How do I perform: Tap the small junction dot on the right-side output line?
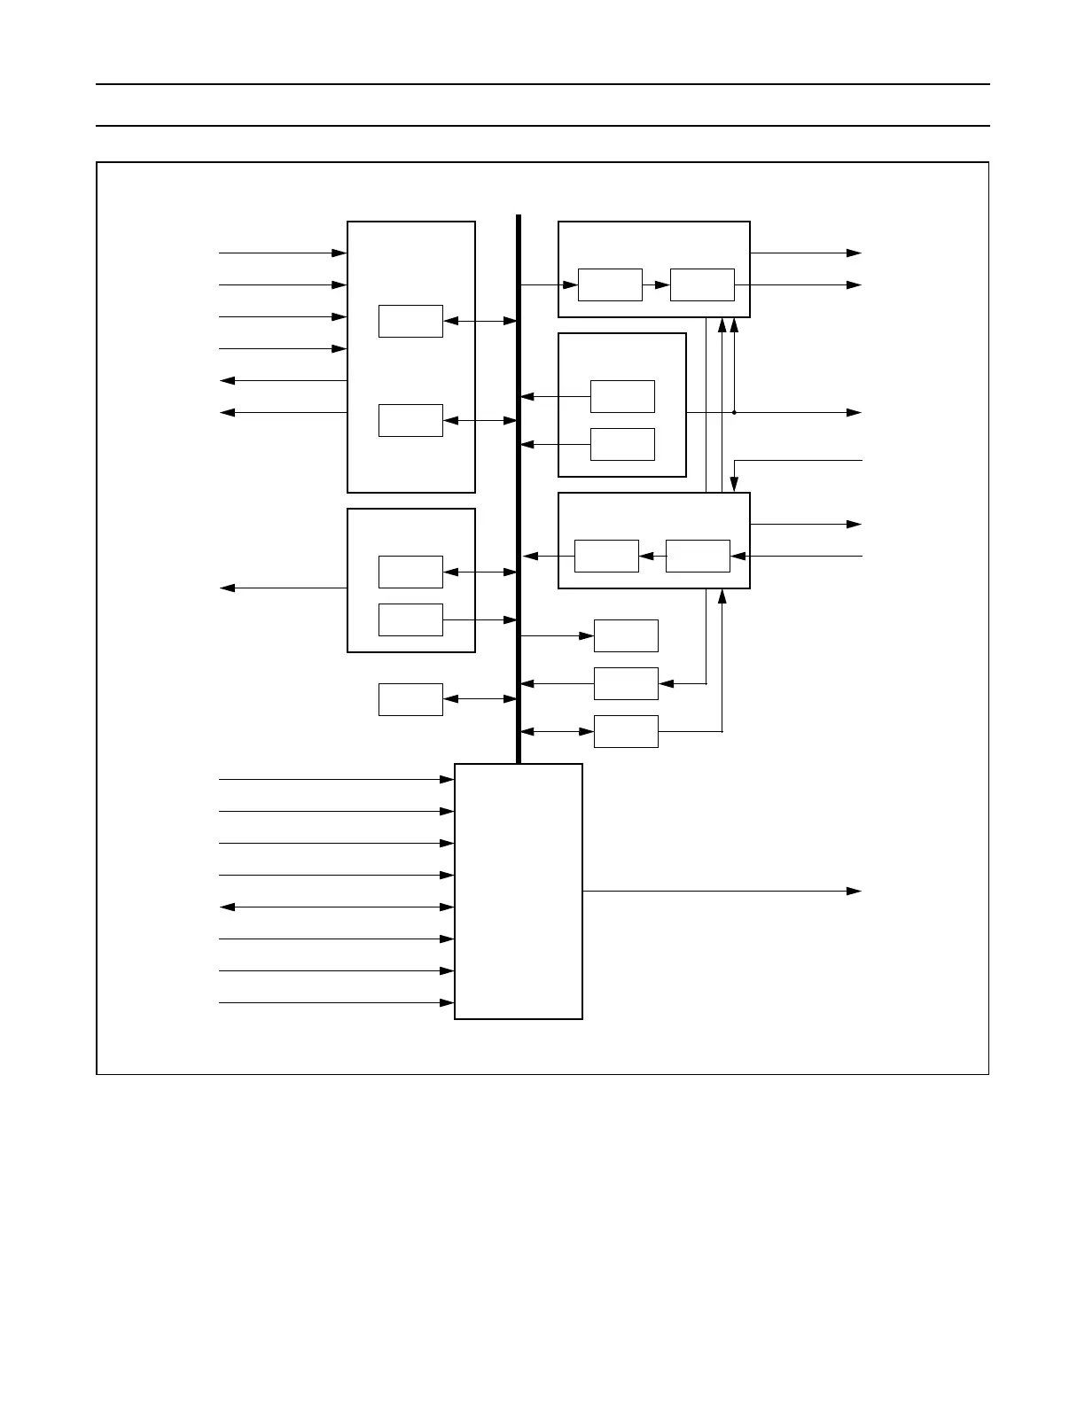(734, 412)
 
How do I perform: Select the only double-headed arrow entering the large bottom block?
(337, 907)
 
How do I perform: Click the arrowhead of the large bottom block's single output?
(855, 891)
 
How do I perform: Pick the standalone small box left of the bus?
(410, 699)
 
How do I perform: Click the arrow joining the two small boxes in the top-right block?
(657, 284)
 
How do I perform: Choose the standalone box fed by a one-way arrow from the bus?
(626, 635)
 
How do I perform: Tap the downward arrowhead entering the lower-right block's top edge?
(734, 484)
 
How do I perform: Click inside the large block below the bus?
(519, 891)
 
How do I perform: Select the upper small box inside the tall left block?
(410, 321)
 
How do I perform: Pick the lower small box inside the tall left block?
(410, 420)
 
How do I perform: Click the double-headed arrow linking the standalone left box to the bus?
(480, 699)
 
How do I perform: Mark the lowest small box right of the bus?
(626, 731)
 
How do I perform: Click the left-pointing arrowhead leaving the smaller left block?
(227, 588)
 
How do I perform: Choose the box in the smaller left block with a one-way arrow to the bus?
(410, 619)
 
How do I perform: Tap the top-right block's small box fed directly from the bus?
(610, 284)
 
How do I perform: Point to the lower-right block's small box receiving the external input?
(698, 556)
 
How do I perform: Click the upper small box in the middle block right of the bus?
(622, 396)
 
